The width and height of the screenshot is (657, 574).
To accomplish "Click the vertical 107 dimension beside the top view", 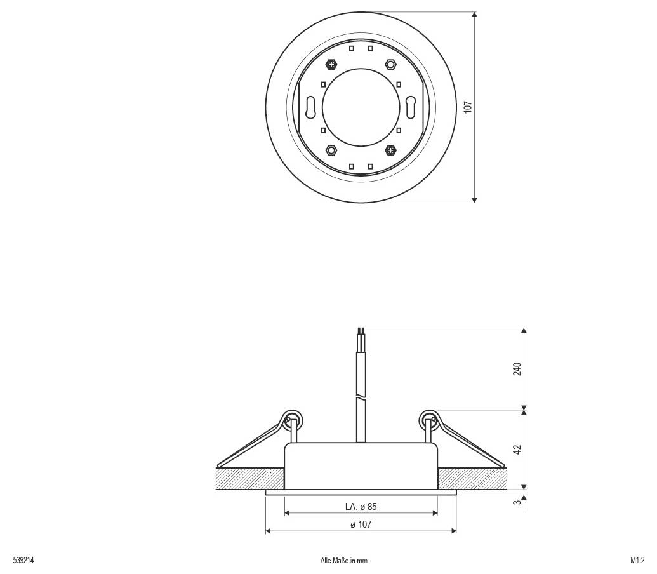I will click(x=468, y=107).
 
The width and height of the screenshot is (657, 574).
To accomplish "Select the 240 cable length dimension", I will click(x=517, y=369).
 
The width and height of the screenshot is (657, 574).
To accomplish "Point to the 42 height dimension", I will click(x=517, y=450).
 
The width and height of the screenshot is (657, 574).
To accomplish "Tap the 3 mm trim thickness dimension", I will click(x=517, y=503).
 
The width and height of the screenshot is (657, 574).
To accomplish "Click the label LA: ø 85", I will click(x=361, y=507).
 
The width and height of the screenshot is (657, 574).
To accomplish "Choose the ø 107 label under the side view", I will click(x=361, y=524).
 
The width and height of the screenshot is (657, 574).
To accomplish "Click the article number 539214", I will click(x=23, y=561).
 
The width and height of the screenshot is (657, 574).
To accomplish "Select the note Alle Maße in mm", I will click(x=344, y=561).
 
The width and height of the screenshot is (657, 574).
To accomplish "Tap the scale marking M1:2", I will click(x=637, y=561).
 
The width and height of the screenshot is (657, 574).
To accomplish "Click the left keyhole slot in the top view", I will click(x=310, y=106).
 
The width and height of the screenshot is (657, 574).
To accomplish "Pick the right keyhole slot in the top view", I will click(x=411, y=106).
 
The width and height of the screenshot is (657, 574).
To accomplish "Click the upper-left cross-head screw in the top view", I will click(x=331, y=63).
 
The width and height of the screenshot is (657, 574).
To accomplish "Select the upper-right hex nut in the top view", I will click(x=390, y=63).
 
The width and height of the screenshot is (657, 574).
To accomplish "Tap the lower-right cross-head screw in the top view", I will click(x=390, y=150).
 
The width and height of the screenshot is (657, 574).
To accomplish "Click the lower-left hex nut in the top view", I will click(x=331, y=150).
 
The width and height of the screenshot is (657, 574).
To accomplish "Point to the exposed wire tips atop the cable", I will click(x=361, y=331).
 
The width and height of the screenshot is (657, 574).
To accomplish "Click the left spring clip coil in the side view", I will click(x=291, y=418).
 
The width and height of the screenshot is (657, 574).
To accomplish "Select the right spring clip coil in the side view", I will click(x=429, y=418).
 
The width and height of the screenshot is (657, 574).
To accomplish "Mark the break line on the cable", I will click(x=361, y=399).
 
